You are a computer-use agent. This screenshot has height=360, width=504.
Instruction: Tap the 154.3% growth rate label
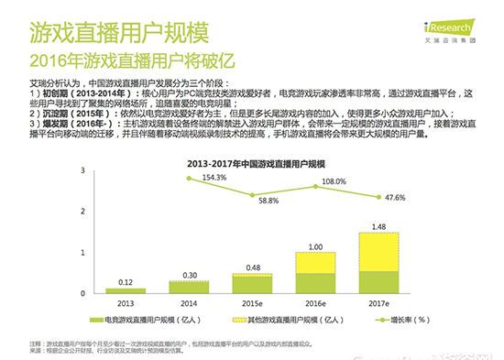coord(188,177)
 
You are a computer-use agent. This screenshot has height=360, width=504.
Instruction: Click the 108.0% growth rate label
coord(334,181)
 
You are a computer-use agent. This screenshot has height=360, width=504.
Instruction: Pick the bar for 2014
coord(188,286)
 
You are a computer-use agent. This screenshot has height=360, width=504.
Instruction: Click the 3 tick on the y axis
coord(84,170)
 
